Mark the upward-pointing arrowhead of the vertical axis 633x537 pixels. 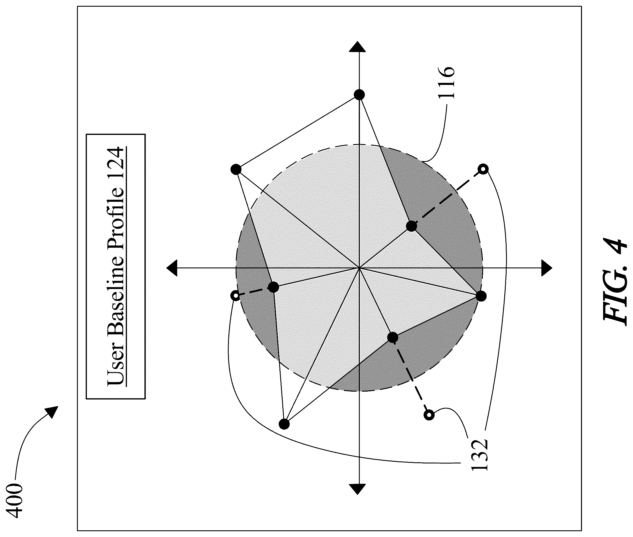point(359,48)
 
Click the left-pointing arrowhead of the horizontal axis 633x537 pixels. point(172,267)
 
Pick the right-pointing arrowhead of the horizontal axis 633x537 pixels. point(546,268)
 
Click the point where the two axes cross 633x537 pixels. point(359,268)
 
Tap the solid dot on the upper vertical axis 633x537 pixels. point(359,95)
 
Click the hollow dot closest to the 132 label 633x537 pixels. point(429,414)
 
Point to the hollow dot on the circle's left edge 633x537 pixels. point(235,295)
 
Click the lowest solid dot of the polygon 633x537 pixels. point(284,423)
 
